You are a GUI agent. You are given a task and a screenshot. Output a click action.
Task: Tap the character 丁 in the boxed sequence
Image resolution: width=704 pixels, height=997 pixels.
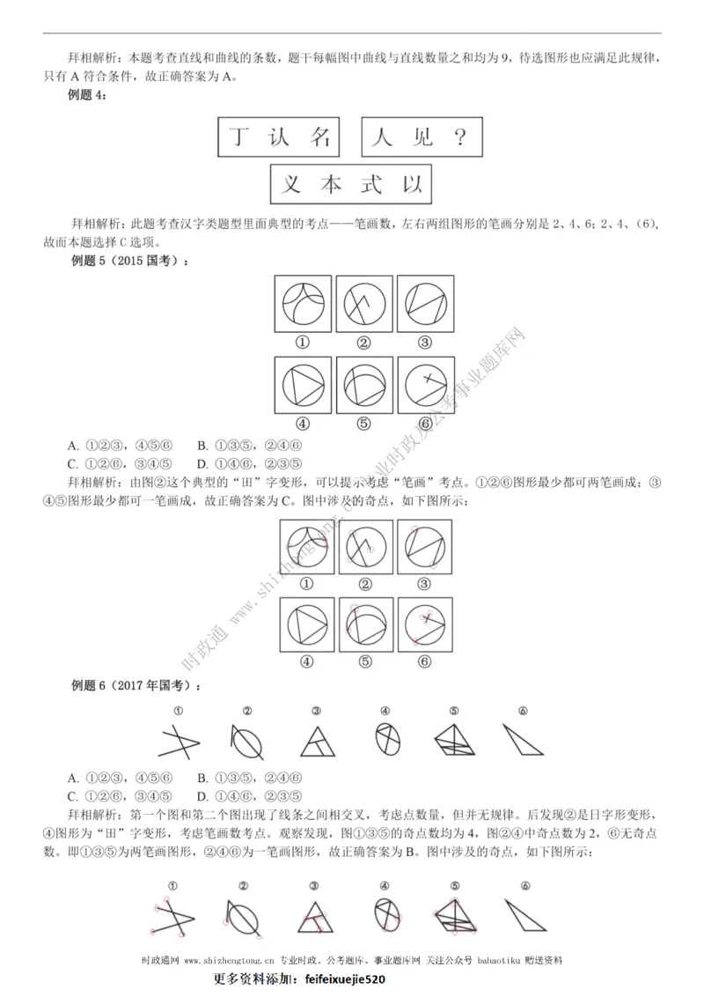tap(238, 137)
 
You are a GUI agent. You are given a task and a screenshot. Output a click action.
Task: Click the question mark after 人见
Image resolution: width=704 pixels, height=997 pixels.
tap(456, 137)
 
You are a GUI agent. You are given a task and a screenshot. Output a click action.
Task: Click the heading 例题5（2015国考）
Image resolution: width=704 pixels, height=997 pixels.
tap(128, 260)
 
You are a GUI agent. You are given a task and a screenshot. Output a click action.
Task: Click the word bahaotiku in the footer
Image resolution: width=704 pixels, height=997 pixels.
tap(501, 961)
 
